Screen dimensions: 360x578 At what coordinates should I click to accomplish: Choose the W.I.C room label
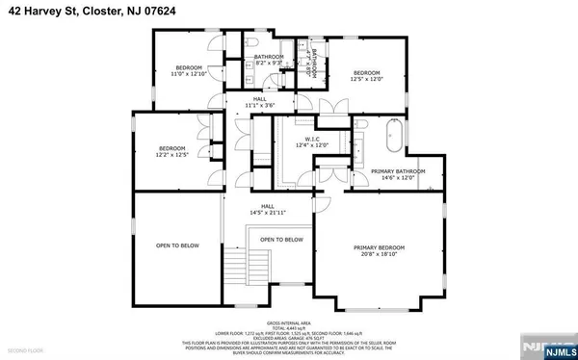coord(311,141)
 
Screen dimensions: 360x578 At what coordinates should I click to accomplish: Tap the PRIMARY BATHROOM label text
coord(392,174)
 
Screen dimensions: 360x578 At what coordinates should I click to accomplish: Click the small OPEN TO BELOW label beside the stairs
coord(281,240)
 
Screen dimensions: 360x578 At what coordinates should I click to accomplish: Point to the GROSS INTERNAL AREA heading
coord(289,321)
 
